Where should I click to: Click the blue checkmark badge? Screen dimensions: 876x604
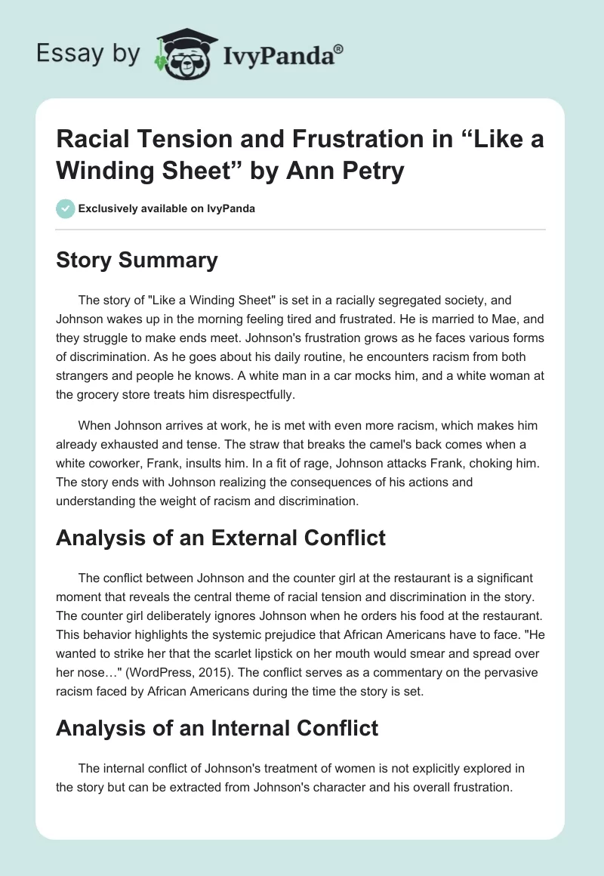(x=66, y=208)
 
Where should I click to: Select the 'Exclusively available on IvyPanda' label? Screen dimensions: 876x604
(x=166, y=208)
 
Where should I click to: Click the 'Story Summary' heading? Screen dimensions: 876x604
(x=137, y=261)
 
